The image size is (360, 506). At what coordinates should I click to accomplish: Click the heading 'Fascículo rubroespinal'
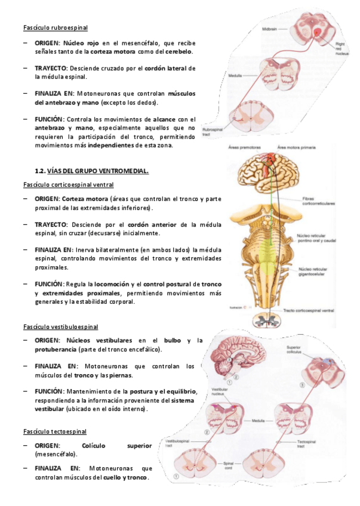pos(55,27)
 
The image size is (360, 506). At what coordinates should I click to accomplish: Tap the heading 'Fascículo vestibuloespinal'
pos(60,327)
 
